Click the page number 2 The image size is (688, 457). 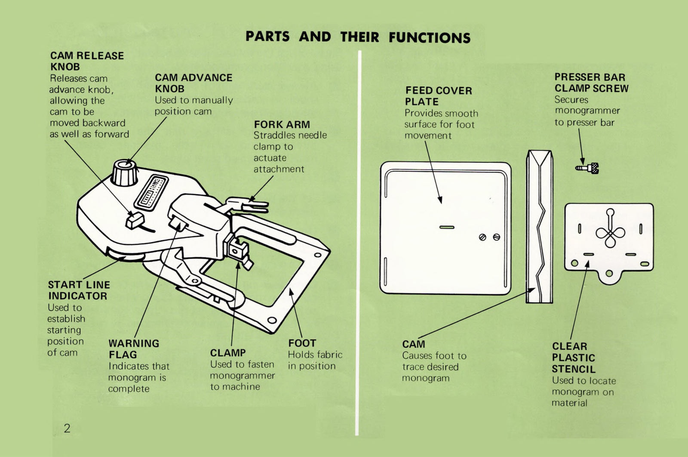[x=67, y=428]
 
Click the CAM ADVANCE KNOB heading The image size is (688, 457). [x=193, y=83]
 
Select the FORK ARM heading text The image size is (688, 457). [x=282, y=124]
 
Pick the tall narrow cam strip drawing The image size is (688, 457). [x=540, y=226]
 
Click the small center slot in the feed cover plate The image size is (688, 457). [x=446, y=227]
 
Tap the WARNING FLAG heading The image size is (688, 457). [x=134, y=349]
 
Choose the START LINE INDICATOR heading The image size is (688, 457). [x=79, y=290]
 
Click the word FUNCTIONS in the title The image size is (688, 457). [x=429, y=37]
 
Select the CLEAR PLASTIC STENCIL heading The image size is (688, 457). [x=574, y=358]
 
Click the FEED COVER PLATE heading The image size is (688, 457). [x=438, y=96]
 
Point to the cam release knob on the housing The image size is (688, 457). [x=133, y=220]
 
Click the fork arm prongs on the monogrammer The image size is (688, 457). [x=252, y=204]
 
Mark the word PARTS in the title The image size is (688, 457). [x=267, y=37]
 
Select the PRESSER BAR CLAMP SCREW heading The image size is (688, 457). [x=591, y=83]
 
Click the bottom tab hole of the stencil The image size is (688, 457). [x=609, y=273]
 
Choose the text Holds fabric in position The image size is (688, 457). [x=315, y=360]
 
